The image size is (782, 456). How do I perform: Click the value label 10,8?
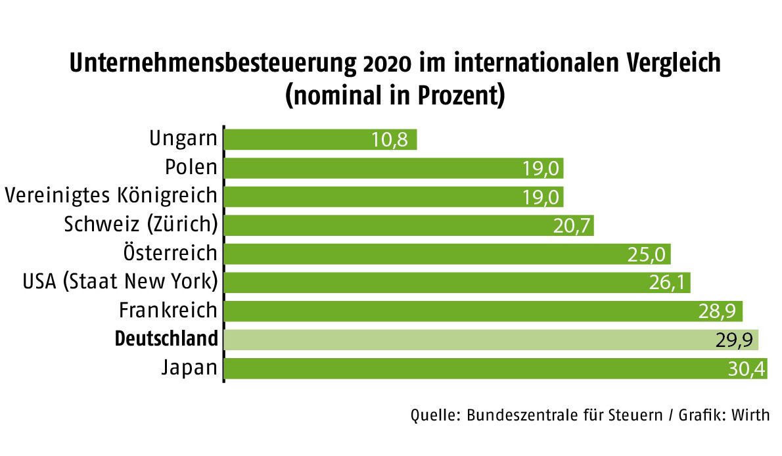[x=390, y=139]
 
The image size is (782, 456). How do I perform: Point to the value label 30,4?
[x=747, y=369]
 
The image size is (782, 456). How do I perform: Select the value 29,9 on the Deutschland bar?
[x=733, y=340]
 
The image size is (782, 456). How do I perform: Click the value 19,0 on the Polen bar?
[x=541, y=168]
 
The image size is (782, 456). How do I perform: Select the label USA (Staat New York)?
[x=120, y=282]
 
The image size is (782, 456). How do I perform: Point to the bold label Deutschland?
[x=166, y=339]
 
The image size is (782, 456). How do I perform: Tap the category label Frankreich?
[x=168, y=310]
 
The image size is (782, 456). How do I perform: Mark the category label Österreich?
[x=170, y=252]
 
